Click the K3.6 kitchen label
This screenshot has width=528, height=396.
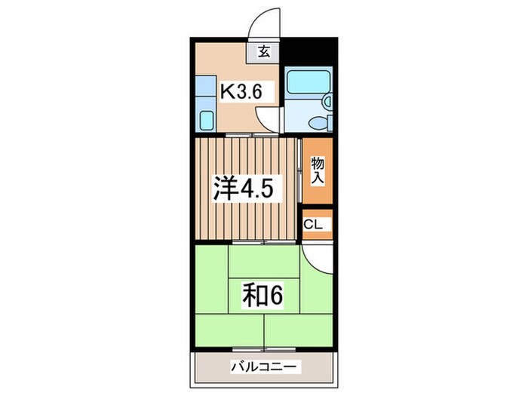coord(241,91)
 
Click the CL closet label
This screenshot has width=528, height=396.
coord(314,225)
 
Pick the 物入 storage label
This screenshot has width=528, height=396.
coord(317,170)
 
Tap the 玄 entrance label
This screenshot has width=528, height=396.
coord(265,53)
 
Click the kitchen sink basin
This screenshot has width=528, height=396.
coord(206,120)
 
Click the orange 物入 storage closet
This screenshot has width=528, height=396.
coord(317,171)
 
